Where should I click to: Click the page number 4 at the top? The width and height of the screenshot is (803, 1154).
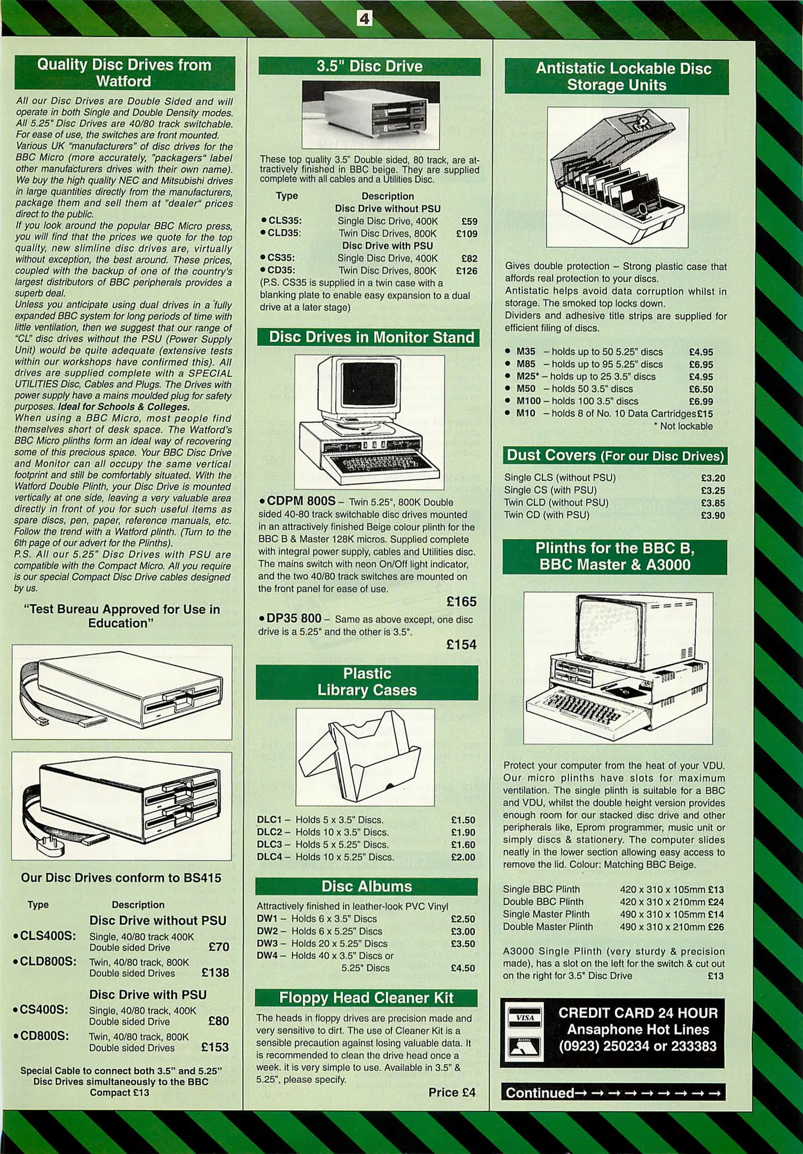click(364, 20)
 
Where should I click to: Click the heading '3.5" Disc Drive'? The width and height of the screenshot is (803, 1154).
click(369, 67)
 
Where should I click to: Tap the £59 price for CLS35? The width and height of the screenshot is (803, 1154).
click(469, 221)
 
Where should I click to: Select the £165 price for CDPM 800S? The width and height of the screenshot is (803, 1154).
click(461, 602)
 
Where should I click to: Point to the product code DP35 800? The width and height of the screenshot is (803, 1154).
click(293, 619)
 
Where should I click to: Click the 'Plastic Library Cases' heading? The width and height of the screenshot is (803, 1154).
click(367, 682)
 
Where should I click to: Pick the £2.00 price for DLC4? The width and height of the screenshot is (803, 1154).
click(463, 857)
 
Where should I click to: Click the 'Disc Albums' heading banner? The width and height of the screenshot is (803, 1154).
click(367, 886)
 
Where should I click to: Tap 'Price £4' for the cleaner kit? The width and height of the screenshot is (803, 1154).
click(452, 1093)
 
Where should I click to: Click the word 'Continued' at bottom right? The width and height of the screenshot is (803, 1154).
click(539, 1093)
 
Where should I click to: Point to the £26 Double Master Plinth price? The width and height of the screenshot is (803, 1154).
click(715, 927)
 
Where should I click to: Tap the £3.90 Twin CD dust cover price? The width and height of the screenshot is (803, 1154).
click(713, 516)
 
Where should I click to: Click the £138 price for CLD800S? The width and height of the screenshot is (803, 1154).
click(215, 972)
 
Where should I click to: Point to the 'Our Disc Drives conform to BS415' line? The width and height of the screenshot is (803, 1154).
click(121, 878)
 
